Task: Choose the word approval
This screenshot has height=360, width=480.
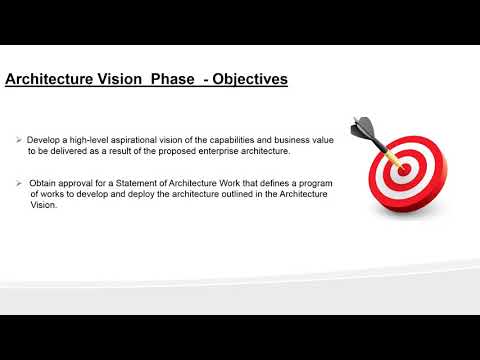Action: (x=79, y=184)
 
